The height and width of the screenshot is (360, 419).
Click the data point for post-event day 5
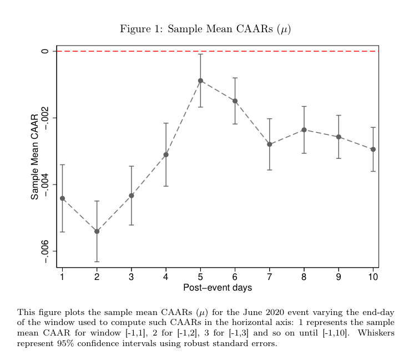coord(200,81)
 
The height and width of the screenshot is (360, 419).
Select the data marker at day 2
coord(97,231)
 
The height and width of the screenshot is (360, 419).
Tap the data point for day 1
coord(62,198)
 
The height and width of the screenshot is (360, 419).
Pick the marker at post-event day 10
coord(373,149)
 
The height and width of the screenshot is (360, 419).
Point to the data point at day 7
coord(270,144)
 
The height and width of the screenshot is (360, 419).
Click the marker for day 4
coord(166,154)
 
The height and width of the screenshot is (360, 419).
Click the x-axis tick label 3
coord(131,276)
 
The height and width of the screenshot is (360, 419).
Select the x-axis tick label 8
coord(304,276)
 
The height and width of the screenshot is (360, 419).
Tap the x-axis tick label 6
coord(235,276)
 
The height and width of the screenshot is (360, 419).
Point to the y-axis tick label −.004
coord(45,185)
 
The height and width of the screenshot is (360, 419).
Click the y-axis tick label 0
coord(45,51)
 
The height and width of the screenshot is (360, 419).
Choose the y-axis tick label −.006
coord(45,252)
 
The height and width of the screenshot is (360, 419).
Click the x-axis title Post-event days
coord(218,288)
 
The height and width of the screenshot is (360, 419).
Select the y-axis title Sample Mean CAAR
coord(35,157)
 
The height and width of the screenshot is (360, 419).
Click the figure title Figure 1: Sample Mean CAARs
coord(205,29)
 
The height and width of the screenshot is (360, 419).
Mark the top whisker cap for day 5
coord(200,54)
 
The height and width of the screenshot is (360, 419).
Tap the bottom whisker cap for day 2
coord(97,262)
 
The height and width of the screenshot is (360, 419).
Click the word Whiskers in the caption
coord(376,333)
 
